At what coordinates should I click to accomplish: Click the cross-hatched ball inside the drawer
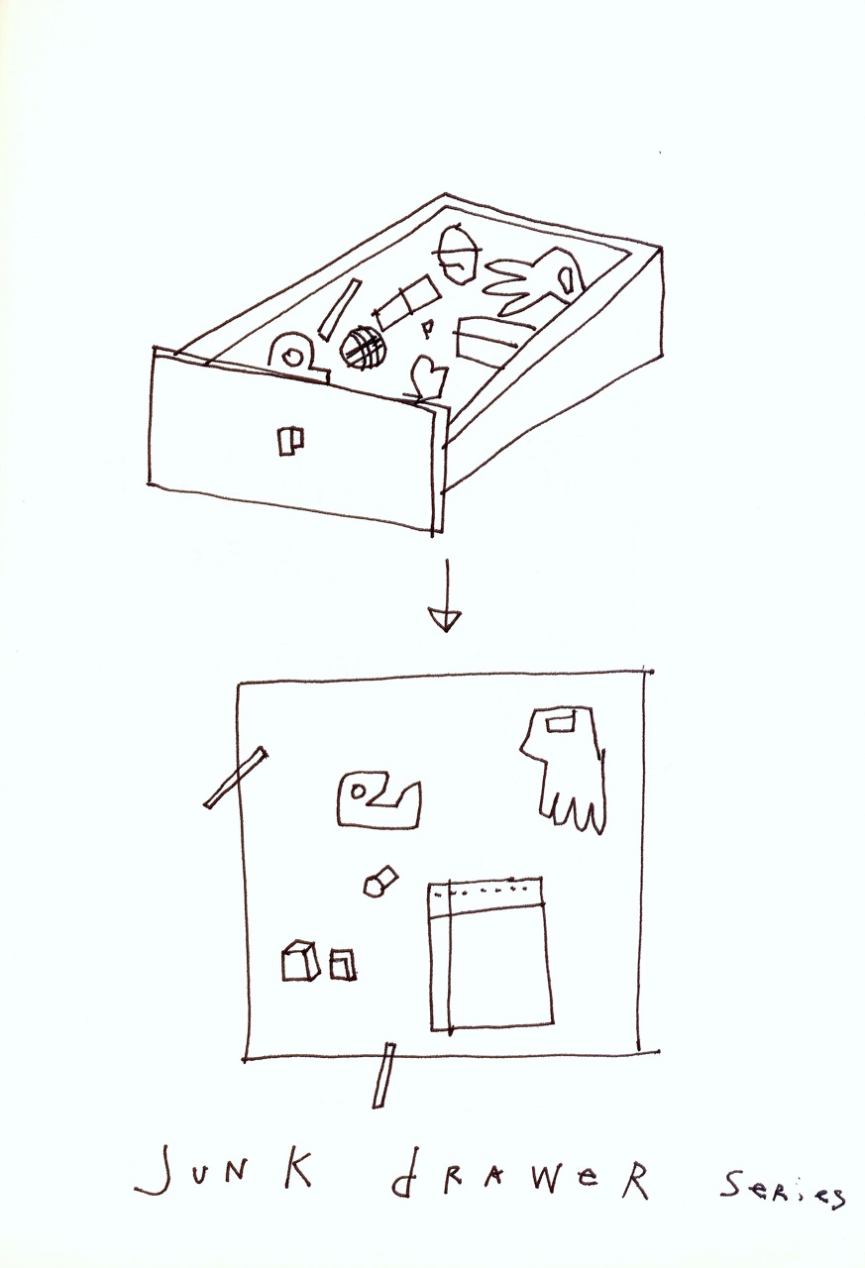tap(362, 349)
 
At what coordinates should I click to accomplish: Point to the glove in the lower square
tap(566, 769)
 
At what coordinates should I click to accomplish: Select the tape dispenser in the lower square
tap(377, 801)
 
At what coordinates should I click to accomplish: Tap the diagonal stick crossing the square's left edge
tap(236, 779)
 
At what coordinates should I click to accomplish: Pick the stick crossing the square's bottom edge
tap(382, 1075)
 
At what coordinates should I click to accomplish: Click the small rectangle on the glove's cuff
tap(561, 725)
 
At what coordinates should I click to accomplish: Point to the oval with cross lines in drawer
tap(458, 255)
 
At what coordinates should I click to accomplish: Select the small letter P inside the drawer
tap(428, 329)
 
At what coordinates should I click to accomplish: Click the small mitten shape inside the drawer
tap(430, 378)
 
